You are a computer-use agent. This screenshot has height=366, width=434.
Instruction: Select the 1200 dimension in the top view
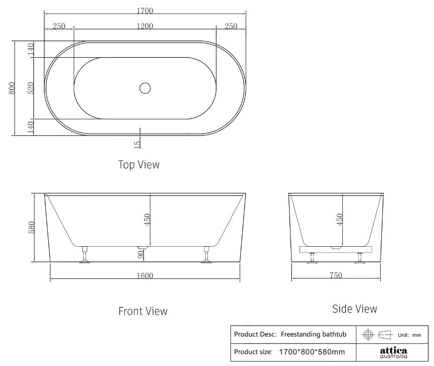point(144,27)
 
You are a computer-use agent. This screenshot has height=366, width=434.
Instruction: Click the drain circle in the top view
point(144,88)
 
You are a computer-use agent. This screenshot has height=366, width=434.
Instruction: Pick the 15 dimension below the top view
point(137,144)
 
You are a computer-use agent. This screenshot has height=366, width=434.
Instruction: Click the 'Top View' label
point(138,164)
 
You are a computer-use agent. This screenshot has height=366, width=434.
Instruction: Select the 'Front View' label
point(142,311)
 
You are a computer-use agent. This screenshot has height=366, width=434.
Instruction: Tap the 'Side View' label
point(355,309)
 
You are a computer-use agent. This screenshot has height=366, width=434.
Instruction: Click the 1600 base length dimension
point(144,275)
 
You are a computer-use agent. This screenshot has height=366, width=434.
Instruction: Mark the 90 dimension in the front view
point(141,254)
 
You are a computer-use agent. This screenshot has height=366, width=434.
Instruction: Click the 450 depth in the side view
point(340,219)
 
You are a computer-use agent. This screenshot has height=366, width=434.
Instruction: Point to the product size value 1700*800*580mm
point(312,352)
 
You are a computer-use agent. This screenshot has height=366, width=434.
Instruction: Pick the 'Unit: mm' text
point(409,335)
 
